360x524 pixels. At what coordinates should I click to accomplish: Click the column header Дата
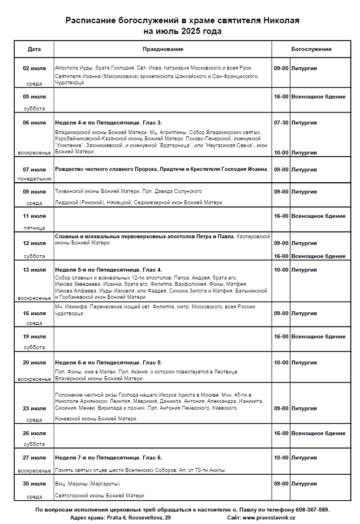click(34, 49)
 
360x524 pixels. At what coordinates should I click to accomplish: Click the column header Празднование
click(163, 49)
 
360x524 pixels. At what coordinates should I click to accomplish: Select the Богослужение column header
click(311, 49)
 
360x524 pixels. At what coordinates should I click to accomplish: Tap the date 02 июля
click(34, 68)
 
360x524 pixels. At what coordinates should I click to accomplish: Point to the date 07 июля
click(34, 169)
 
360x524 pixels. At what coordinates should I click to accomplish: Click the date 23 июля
click(34, 408)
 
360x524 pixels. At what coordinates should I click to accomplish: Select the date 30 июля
click(34, 483)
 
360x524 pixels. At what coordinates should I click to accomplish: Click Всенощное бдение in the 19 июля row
click(318, 336)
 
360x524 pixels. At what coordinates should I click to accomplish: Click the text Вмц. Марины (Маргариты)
click(88, 484)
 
